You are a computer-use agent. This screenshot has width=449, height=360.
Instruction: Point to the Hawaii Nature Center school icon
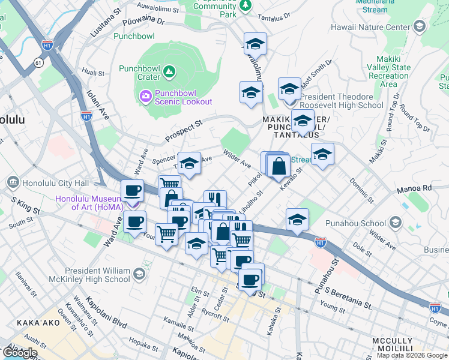tap(419, 26)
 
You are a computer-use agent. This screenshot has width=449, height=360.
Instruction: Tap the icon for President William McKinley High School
tap(139, 274)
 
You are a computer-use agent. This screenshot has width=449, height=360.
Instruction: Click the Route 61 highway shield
tap(38, 61)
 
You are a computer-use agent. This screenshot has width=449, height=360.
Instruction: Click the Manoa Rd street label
tap(414, 189)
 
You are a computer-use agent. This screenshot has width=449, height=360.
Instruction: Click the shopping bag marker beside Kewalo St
tap(279, 166)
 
